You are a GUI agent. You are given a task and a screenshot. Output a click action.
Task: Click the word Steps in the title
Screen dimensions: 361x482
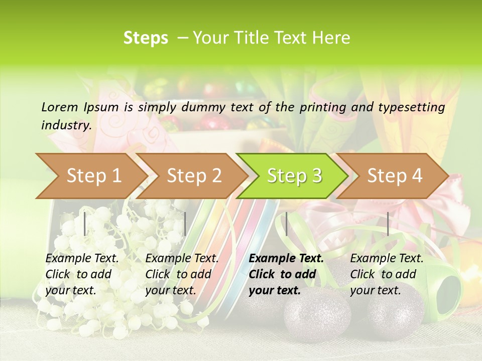tap(146, 38)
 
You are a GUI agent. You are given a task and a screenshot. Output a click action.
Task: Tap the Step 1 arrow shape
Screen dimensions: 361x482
tap(90, 176)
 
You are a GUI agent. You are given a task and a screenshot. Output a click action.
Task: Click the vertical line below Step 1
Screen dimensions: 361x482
tap(85, 224)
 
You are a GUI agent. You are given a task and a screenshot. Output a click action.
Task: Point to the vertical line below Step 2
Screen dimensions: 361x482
tap(185, 224)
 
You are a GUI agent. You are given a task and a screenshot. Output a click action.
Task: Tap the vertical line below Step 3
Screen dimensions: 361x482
tap(286, 224)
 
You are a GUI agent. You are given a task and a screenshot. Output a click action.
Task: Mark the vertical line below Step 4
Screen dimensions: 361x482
tap(388, 224)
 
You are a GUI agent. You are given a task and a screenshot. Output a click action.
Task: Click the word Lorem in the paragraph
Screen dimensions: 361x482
tap(59, 107)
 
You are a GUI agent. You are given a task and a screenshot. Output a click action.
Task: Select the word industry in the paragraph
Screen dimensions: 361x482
tap(65, 125)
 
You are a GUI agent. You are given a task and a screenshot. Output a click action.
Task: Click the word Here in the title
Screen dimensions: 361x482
tap(331, 38)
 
